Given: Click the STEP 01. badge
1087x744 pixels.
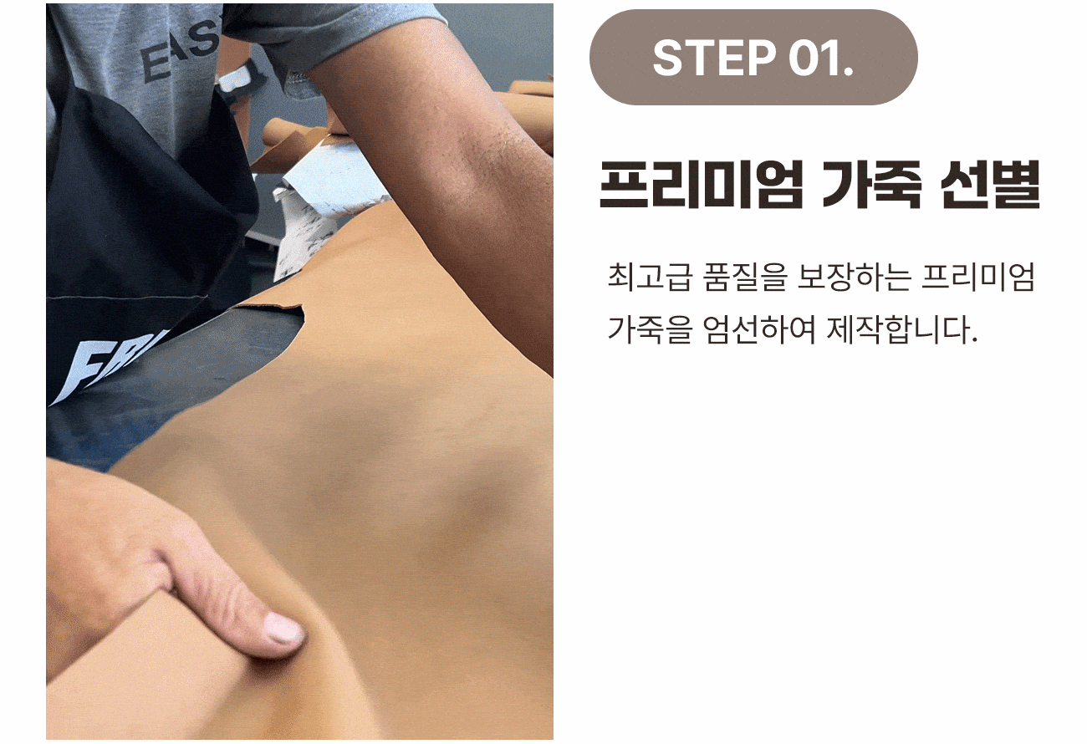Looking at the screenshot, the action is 753,57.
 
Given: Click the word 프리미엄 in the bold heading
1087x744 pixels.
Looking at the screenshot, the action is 701,185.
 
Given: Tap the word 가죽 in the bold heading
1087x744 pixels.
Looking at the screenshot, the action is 871,185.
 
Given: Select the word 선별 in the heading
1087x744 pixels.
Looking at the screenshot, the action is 990,185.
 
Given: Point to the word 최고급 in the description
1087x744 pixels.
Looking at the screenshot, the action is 648,277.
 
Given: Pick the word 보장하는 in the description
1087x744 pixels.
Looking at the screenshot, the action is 854,277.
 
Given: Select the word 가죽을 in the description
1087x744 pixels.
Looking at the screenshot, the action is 650,329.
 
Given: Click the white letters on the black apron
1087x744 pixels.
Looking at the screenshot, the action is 110,366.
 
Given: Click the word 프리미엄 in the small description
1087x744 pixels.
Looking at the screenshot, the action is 979,277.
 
